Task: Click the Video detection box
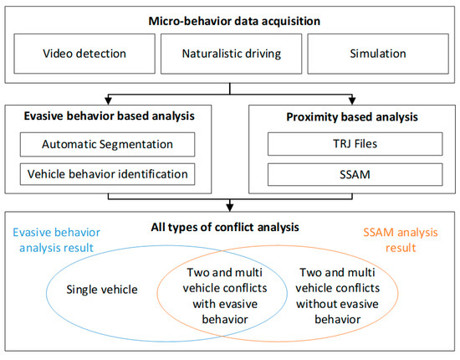(x=84, y=54)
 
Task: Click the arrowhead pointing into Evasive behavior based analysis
(x=108, y=99)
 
